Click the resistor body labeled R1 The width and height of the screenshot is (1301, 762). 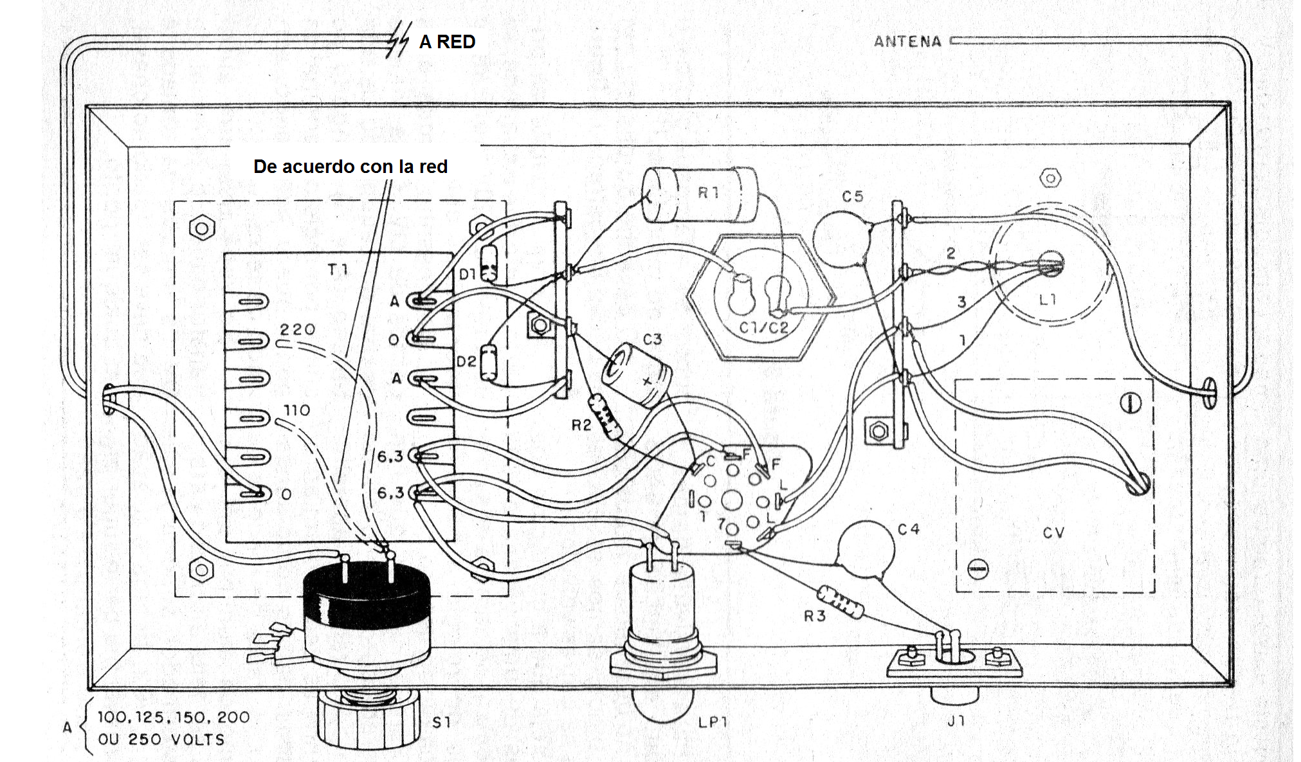701,194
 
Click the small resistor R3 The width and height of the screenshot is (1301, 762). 840,601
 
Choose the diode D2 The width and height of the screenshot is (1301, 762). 489,362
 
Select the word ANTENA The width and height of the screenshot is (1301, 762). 907,42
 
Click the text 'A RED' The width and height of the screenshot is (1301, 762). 447,42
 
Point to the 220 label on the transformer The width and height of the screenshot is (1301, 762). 297,329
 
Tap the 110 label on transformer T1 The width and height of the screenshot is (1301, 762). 296,410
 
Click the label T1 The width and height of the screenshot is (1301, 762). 338,269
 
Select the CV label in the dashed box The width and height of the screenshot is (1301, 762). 1053,532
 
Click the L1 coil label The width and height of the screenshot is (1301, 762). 1048,299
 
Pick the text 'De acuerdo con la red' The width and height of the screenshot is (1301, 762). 350,167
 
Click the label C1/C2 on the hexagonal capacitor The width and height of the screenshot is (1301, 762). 763,327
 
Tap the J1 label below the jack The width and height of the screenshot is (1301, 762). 956,721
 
